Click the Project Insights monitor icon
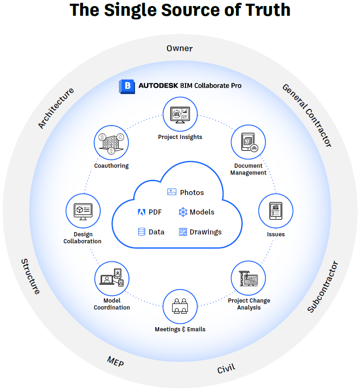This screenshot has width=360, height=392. pyautogui.click(x=180, y=114)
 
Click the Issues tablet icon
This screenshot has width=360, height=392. pyautogui.click(x=276, y=211)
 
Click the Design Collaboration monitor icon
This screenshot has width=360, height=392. pyautogui.click(x=83, y=211)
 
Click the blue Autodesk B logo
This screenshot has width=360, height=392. pyautogui.click(x=126, y=86)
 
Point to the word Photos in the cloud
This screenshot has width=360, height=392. pyautogui.click(x=192, y=192)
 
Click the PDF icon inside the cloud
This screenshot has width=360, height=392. pyautogui.click(x=141, y=212)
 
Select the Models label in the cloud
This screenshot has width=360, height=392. pyautogui.click(x=202, y=212)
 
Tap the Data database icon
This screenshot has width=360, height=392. pyautogui.click(x=141, y=232)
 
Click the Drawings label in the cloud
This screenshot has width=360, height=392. pyautogui.click(x=206, y=232)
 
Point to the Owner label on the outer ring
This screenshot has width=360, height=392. pyautogui.click(x=180, y=48)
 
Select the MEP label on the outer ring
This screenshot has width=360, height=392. pyautogui.click(x=115, y=361)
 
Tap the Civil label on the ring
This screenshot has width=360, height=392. pyautogui.click(x=226, y=369)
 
